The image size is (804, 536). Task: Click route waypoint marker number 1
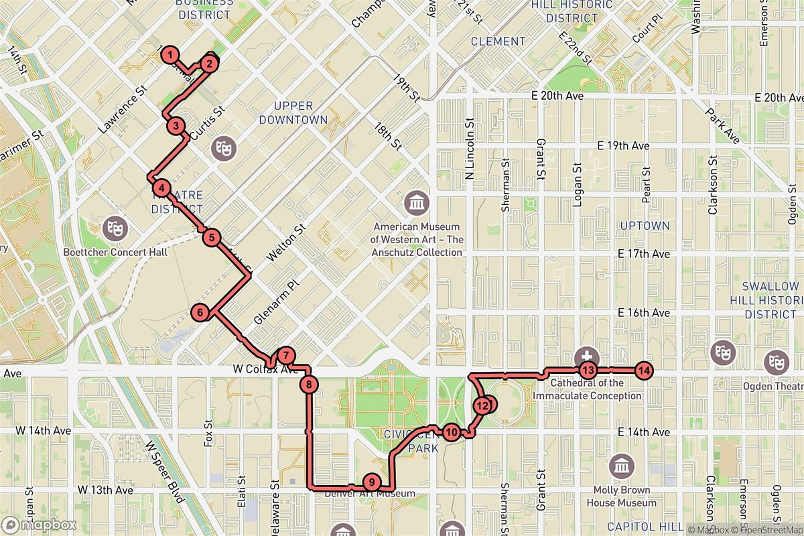[172, 54]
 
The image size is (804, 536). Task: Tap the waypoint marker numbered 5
[212, 237]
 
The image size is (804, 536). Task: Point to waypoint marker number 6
[200, 312]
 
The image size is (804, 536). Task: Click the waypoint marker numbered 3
[176, 125]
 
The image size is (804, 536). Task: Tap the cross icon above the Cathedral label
[587, 356]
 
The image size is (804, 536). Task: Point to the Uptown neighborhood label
[645, 226]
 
